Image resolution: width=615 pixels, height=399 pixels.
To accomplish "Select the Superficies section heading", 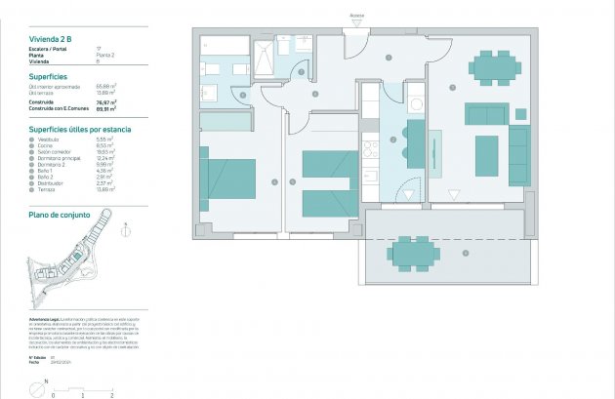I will click(x=48, y=75).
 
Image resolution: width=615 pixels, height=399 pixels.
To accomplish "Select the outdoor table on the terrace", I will click(x=413, y=254).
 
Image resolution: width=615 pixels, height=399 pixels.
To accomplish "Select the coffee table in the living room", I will click(x=487, y=155).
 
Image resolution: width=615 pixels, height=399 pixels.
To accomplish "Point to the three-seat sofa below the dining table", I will click(x=488, y=114).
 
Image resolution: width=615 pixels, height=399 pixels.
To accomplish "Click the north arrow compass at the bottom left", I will click(x=37, y=389).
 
